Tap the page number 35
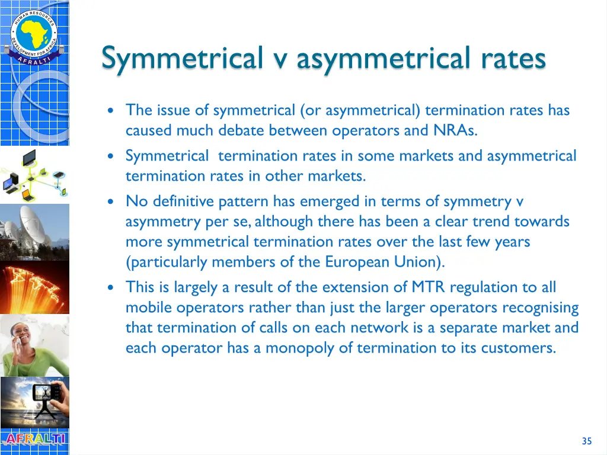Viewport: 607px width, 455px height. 587,441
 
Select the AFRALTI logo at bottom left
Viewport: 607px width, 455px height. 34,440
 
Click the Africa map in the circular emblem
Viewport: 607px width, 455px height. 34,33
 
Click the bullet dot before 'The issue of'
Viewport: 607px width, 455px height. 111,111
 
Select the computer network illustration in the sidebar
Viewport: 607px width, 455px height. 34,174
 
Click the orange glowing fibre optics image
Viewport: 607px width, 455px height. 34,287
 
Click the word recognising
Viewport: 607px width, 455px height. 540,307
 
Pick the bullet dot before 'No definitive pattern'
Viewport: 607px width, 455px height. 111,202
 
